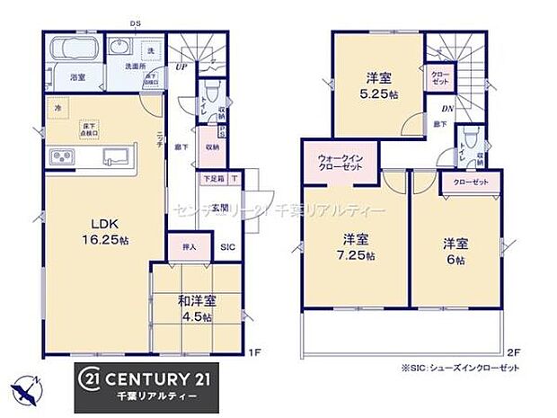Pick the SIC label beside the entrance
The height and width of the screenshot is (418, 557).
[227, 247]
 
